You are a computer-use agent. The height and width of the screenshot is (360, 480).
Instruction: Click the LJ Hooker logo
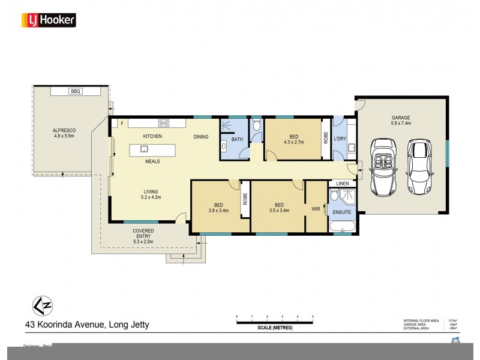coord(49,20)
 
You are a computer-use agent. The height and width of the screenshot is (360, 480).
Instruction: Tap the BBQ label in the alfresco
coord(75,91)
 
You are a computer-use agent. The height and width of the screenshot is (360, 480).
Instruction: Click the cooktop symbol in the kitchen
coord(163,124)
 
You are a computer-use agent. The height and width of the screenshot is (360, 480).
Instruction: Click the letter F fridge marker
coord(122,124)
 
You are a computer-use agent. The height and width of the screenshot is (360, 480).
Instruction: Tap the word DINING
coord(201,137)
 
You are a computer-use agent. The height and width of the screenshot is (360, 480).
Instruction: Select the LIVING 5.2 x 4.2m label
coord(151,193)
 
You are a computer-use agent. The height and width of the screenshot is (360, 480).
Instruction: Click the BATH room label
coord(237,140)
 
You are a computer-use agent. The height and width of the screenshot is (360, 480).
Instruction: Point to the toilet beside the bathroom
coord(256,126)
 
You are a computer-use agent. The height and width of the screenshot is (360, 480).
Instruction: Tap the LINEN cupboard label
coord(343,183)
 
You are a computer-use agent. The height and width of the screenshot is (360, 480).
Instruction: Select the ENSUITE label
coord(343,211)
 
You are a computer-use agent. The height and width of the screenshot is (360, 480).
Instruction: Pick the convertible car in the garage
coord(382,167)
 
